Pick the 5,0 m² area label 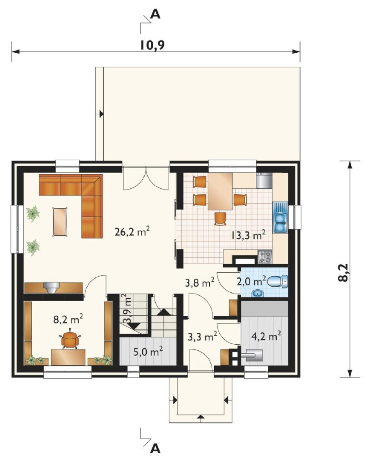pyautogui.click(x=148, y=352)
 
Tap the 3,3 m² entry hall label pyautogui.click(x=203, y=336)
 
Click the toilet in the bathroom pyautogui.click(x=278, y=281)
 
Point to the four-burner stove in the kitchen pyautogui.click(x=265, y=257)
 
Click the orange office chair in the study pyautogui.click(x=70, y=340)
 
